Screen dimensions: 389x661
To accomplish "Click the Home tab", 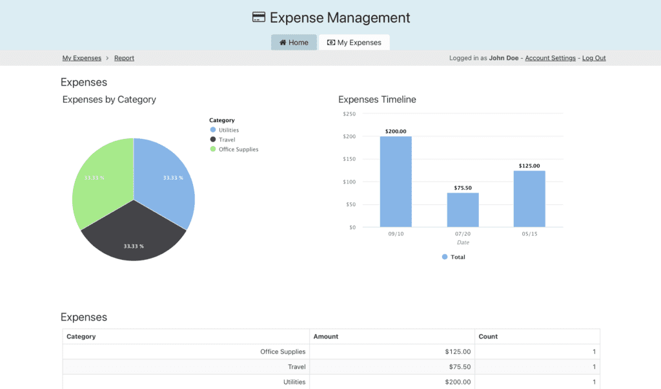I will click(294, 43).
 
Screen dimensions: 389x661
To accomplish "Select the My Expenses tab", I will click(354, 43).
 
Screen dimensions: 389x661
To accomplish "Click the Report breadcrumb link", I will click(124, 58).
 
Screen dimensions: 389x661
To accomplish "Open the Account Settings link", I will click(550, 58).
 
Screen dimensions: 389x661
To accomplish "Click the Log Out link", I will click(594, 58).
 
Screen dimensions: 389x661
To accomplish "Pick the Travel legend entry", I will click(227, 140).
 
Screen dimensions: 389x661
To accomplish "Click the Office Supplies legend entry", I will click(238, 149).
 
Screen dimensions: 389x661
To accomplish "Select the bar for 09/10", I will click(396, 182).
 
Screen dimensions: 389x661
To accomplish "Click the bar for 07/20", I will click(463, 210).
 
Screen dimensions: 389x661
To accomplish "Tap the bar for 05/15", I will click(529, 198).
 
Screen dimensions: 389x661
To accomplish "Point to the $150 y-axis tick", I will click(349, 159).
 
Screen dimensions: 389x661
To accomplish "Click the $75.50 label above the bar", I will click(463, 188).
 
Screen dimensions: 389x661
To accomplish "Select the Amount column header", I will click(326, 337).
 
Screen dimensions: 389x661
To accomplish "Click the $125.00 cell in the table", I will click(458, 352).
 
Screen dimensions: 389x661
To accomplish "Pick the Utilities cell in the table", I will click(294, 382).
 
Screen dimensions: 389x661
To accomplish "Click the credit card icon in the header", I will click(259, 17).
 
